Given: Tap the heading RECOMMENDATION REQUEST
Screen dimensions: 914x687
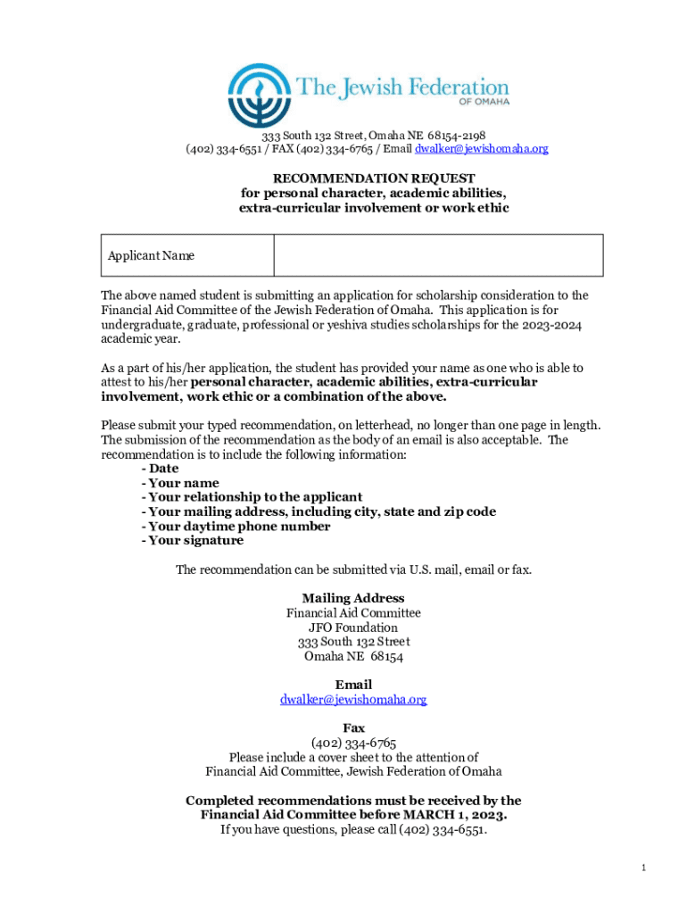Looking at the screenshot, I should click(374, 179).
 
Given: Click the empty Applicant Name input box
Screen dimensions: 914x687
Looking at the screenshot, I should click(438, 255).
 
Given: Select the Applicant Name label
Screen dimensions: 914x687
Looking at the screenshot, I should click(151, 256).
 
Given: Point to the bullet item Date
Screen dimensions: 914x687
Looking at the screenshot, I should click(163, 469).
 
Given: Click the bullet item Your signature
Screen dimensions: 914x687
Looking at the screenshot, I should click(195, 541).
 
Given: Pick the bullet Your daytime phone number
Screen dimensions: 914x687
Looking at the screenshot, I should click(239, 527).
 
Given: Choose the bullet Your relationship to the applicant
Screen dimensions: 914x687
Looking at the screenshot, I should click(255, 497).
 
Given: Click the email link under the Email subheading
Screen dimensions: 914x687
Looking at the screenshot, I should click(353, 700).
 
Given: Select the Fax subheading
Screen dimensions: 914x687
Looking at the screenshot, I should click(353, 728).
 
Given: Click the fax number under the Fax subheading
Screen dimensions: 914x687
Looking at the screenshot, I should click(353, 743).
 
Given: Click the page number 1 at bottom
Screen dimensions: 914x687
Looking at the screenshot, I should click(643, 868).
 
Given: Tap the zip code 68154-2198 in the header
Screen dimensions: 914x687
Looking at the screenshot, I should click(456, 136).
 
